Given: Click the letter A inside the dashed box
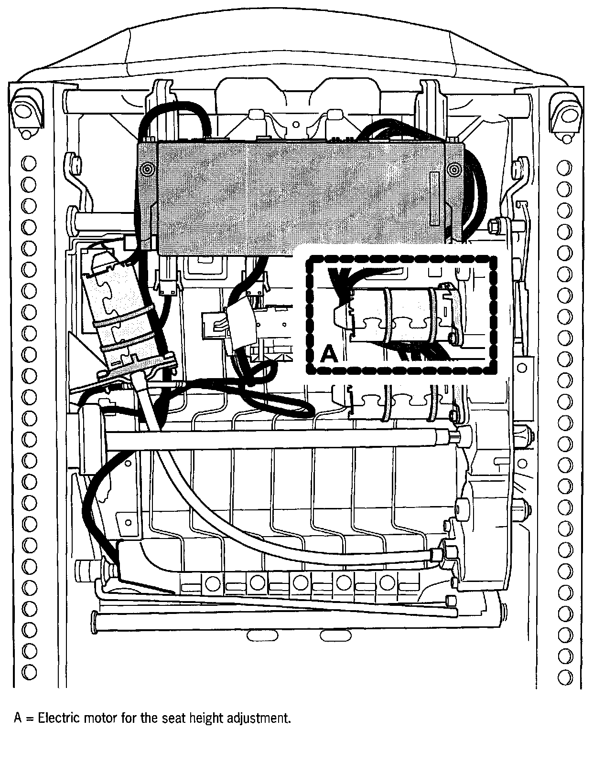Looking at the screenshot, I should (x=329, y=354).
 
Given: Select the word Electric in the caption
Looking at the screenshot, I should (x=57, y=718).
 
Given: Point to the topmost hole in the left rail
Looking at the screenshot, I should (x=29, y=164).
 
